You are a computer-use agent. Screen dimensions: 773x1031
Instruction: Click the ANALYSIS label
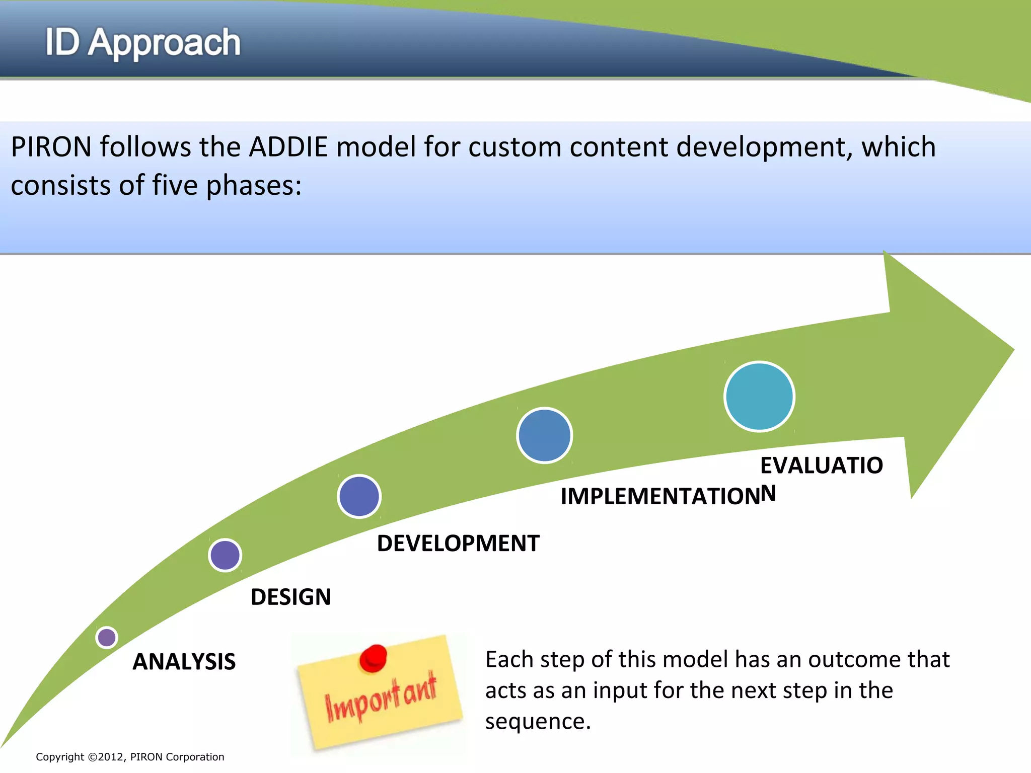coord(184,661)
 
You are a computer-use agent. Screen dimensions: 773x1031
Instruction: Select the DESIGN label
coord(290,597)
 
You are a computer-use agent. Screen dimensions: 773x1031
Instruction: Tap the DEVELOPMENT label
coord(458,544)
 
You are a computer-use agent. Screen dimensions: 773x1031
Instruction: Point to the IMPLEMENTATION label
coord(660,496)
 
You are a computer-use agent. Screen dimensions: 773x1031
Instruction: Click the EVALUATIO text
coord(821,465)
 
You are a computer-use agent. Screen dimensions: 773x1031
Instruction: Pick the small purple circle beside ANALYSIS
coord(107,638)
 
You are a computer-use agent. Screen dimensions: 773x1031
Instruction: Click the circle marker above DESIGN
coord(225,555)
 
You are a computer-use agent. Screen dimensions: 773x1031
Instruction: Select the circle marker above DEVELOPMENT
coord(359,496)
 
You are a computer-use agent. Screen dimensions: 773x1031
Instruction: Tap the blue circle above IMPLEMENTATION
coord(544,435)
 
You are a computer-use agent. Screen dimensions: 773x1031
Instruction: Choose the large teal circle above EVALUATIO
coord(759,397)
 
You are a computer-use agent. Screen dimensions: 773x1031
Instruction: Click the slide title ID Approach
coord(143,42)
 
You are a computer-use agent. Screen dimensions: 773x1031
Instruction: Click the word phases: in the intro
coord(254,185)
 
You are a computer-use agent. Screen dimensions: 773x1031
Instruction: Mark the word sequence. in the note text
coord(538,721)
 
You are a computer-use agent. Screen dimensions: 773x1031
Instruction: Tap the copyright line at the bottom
coord(130,757)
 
